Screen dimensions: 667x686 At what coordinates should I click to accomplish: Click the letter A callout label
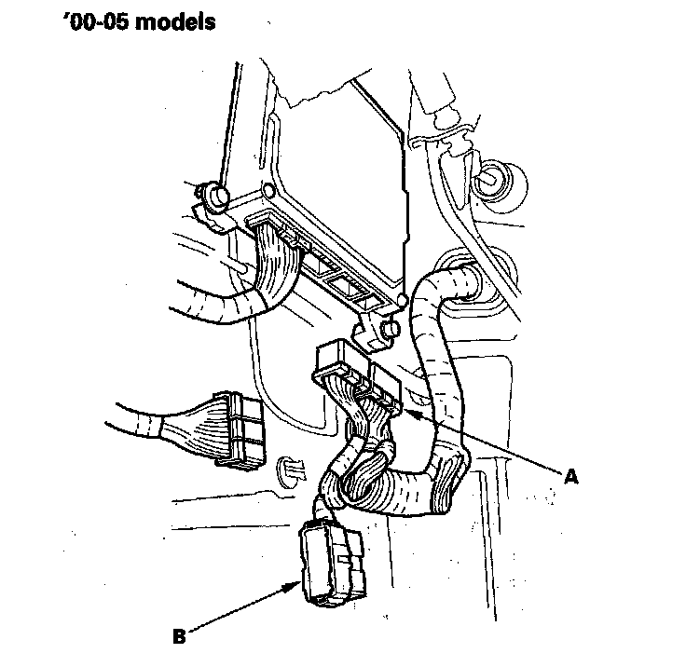[x=573, y=475]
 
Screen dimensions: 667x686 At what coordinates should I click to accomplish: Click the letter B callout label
[x=180, y=638]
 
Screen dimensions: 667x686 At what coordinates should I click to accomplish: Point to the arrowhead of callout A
[x=409, y=409]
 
